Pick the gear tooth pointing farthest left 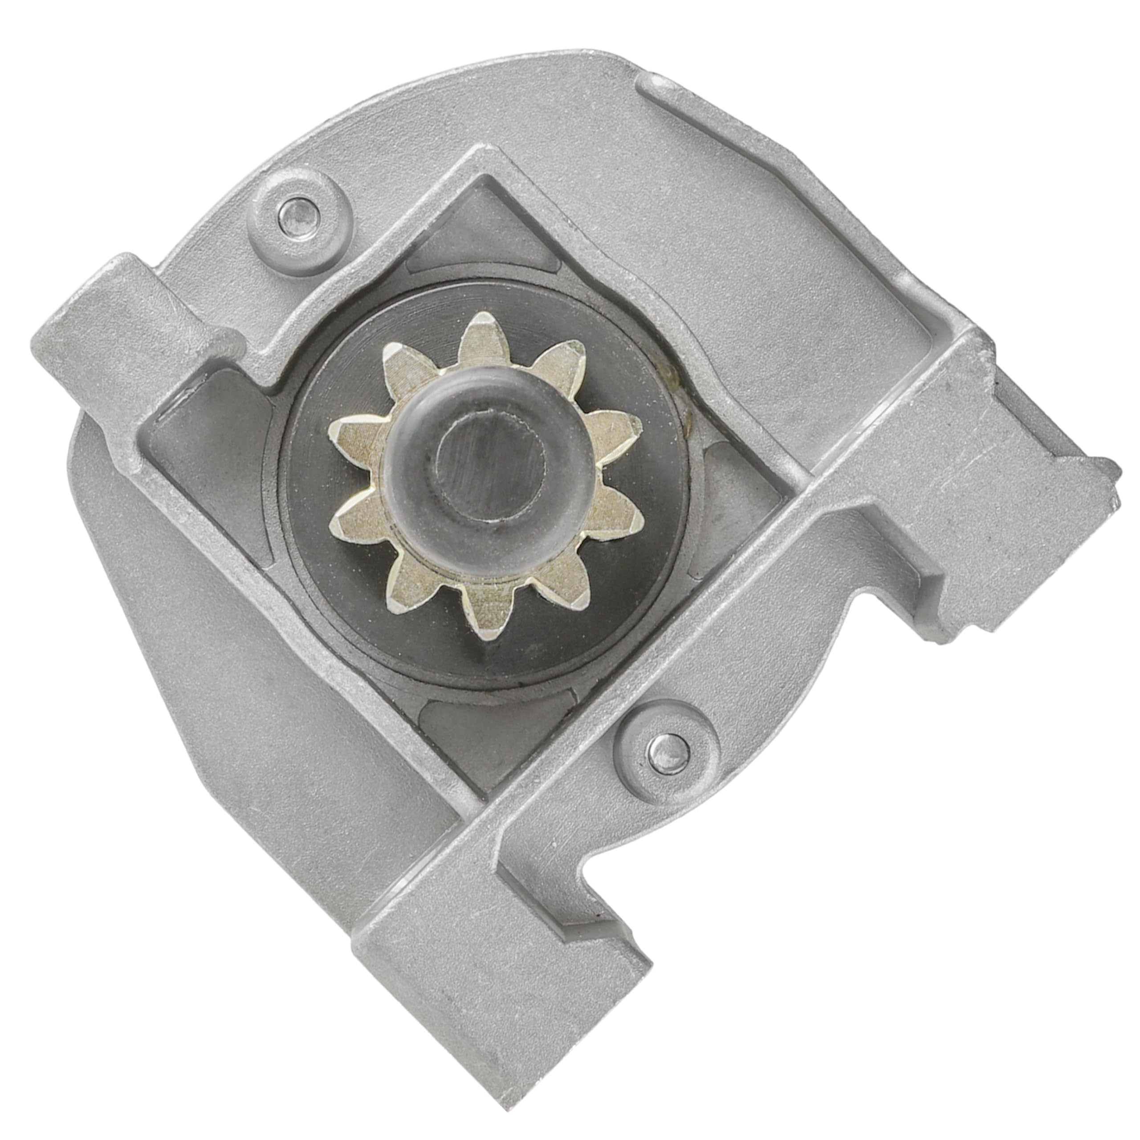coord(345,428)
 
